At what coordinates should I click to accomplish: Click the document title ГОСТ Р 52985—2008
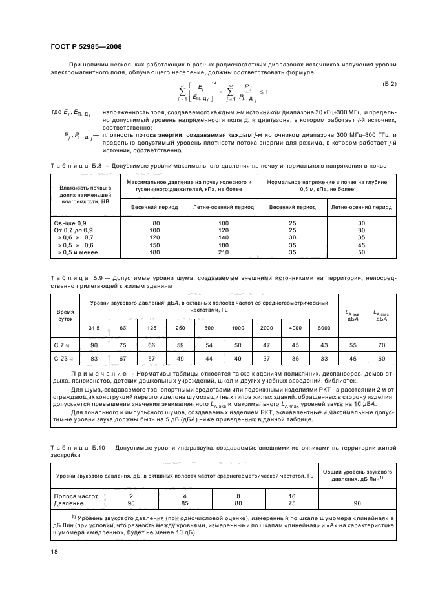[x=86, y=46]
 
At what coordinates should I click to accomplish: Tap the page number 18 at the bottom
[x=55, y=552]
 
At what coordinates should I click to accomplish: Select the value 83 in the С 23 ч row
[x=94, y=358]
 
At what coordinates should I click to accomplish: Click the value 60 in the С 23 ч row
[x=382, y=358]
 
